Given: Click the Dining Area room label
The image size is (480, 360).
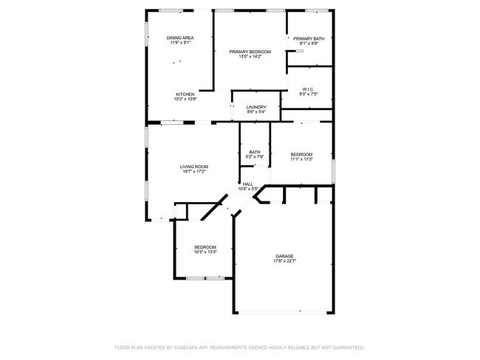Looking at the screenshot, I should click(179, 38).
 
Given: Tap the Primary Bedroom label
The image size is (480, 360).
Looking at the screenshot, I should click(250, 52).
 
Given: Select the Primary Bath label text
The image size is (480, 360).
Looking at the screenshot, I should click(308, 38).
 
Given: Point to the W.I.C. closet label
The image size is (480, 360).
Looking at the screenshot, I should click(309, 89).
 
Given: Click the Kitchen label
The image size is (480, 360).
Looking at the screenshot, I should click(185, 94).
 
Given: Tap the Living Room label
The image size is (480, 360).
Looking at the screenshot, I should click(194, 167).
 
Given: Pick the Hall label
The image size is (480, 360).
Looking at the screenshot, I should click(248, 184).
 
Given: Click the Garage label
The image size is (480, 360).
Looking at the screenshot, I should click(285, 256).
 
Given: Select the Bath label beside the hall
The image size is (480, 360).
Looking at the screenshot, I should click(254, 152).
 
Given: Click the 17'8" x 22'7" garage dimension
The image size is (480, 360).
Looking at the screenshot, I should click(285, 261).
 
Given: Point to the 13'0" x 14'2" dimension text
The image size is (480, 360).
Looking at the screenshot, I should click(250, 57).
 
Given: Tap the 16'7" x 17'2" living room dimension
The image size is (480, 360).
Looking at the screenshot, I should click(194, 172).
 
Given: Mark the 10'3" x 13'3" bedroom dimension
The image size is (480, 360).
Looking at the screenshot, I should click(205, 252).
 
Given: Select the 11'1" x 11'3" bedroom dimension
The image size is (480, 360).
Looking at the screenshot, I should click(301, 159).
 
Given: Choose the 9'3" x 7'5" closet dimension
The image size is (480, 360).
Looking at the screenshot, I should click(309, 94).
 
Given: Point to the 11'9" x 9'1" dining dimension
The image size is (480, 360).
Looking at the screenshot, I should click(179, 43).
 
